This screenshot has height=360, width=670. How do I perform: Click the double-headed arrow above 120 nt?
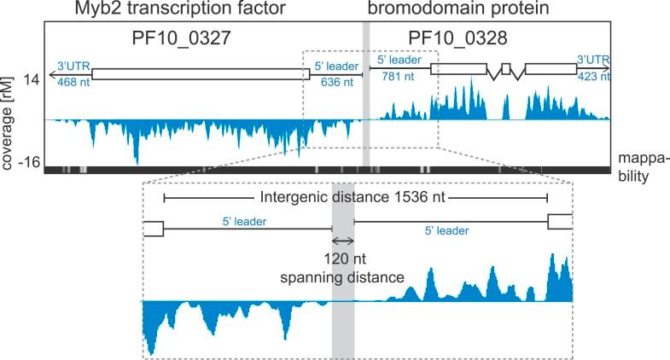343,242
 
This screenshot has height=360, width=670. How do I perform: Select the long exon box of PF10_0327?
201,74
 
